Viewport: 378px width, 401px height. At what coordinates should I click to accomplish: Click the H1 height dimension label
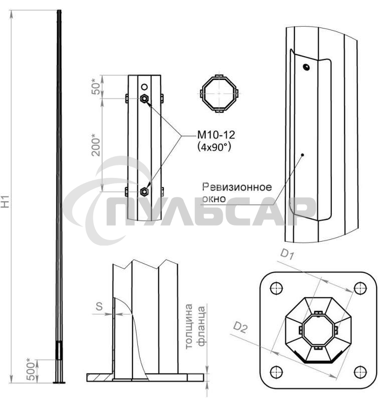click(x=6, y=202)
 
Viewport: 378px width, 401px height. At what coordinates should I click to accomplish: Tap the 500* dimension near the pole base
click(x=31, y=369)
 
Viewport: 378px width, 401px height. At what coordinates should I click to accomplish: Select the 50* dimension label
click(x=96, y=87)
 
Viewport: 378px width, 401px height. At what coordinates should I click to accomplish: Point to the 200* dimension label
click(x=96, y=144)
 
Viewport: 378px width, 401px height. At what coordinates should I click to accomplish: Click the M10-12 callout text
click(x=216, y=135)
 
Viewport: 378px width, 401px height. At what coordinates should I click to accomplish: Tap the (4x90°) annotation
click(x=215, y=147)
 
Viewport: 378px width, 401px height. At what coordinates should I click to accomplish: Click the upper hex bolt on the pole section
click(x=144, y=98)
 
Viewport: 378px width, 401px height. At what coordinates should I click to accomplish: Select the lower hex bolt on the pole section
click(x=144, y=191)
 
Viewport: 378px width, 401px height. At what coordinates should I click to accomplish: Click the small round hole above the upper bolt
click(x=144, y=87)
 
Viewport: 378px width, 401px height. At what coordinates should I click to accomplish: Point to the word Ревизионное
click(x=237, y=187)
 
